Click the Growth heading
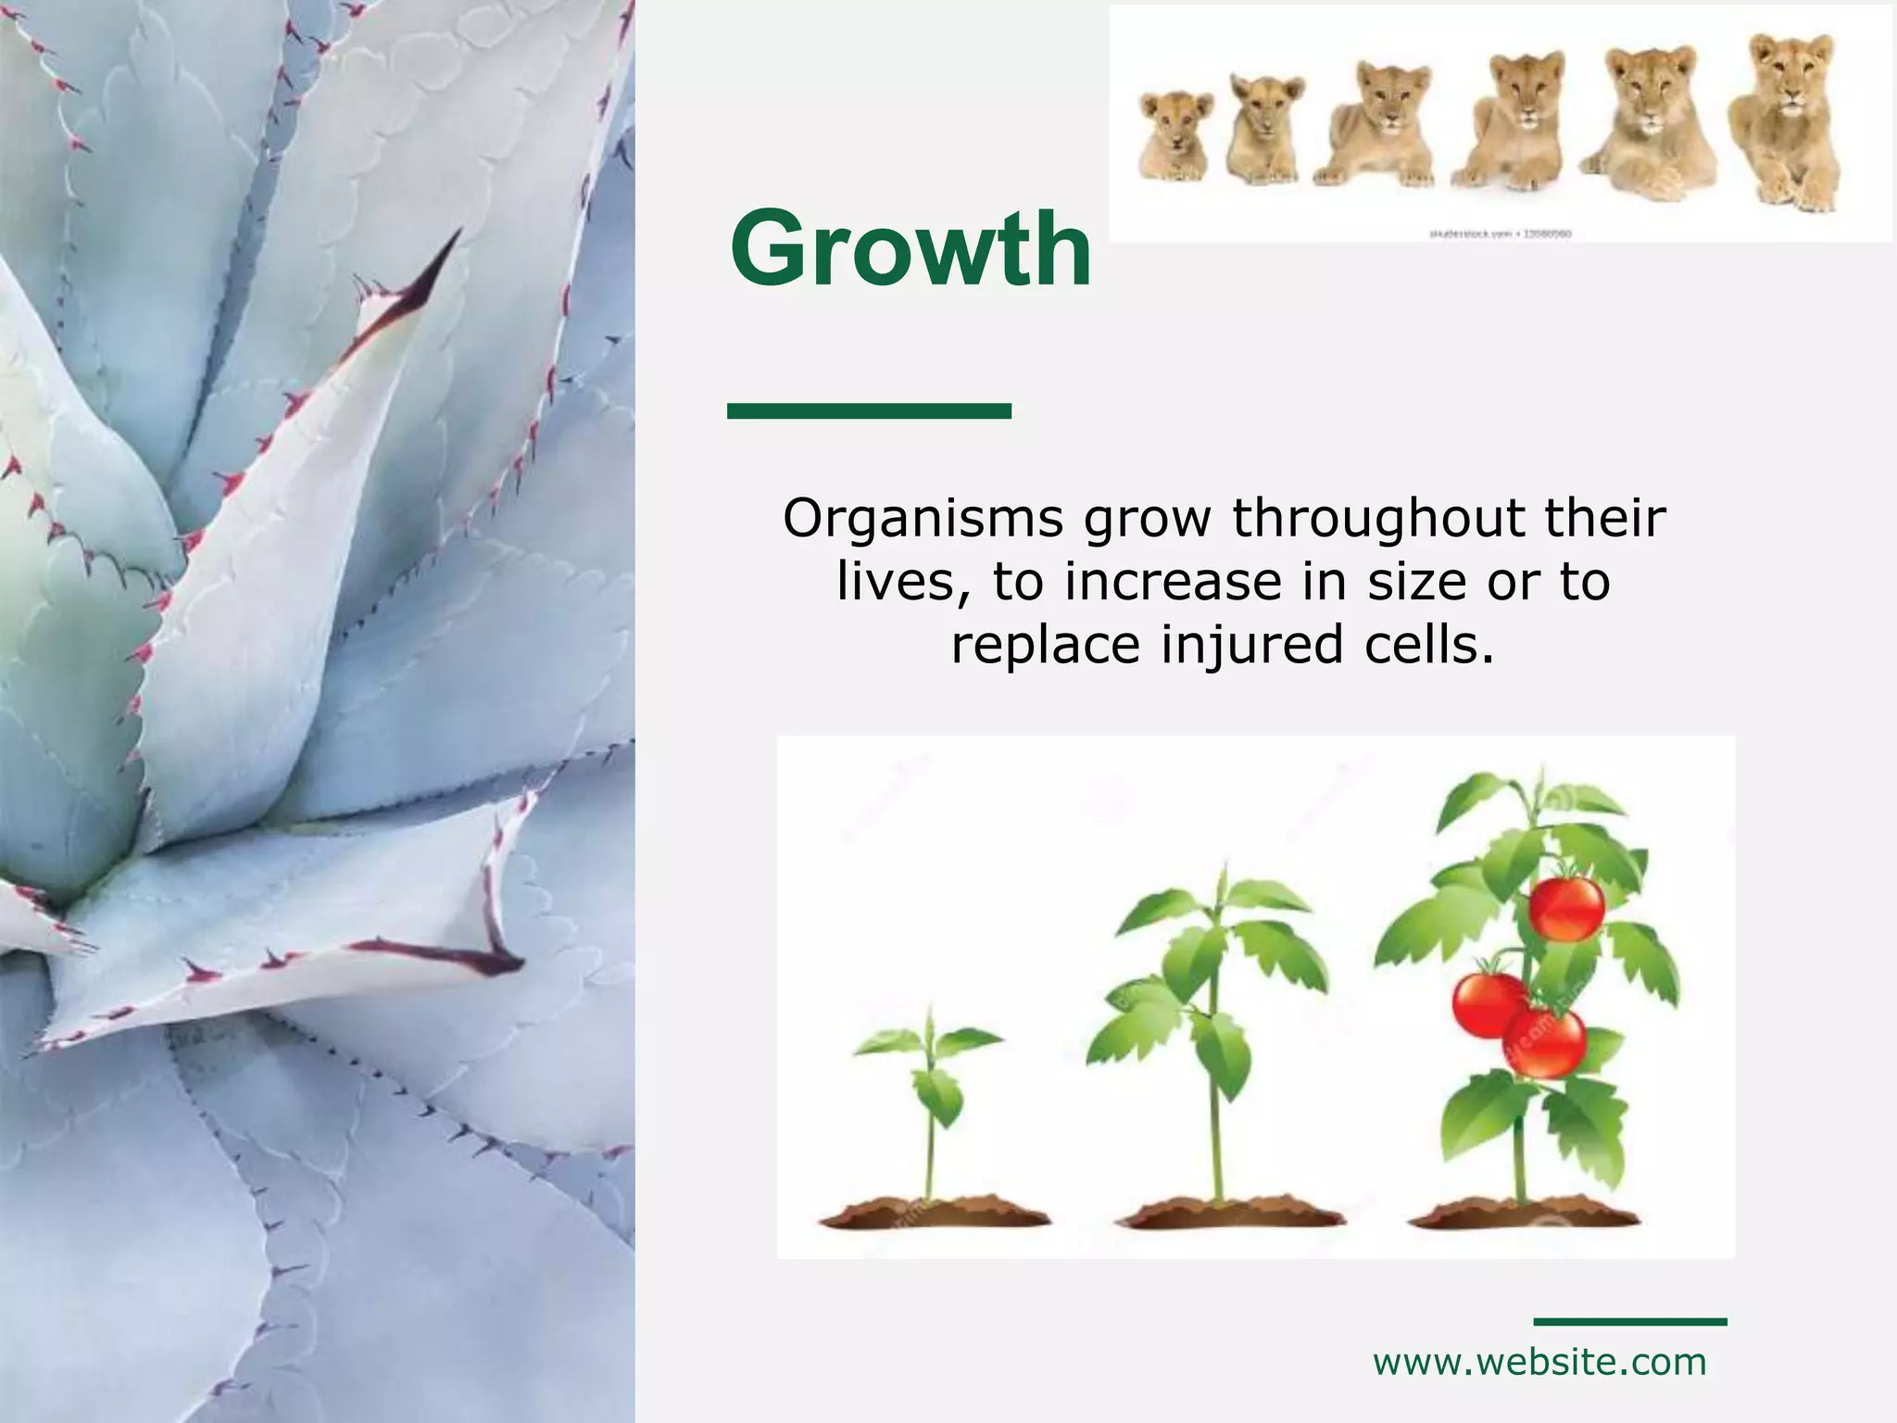[911, 248]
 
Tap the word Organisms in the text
[923, 518]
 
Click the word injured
[1252, 645]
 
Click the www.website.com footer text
[1539, 1362]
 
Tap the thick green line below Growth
[869, 410]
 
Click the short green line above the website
[1629, 1321]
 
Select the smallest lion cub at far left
[1175, 136]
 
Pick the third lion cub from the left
[1376, 125]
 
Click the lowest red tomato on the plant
[1545, 1041]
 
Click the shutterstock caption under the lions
[1500, 234]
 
